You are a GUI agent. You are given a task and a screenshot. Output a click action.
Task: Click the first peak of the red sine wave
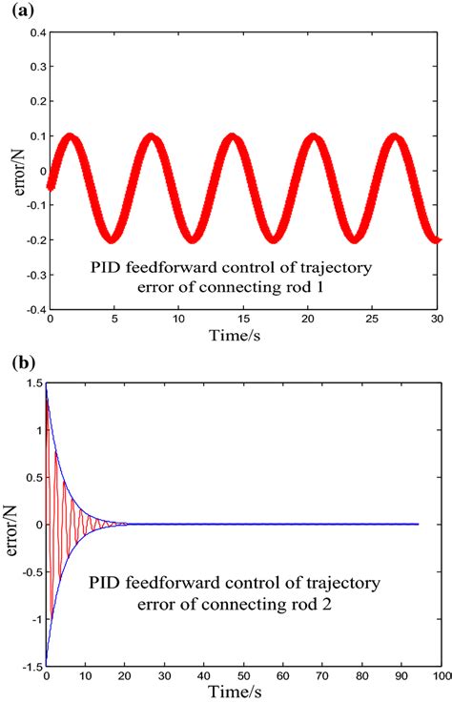pyautogui.click(x=69, y=137)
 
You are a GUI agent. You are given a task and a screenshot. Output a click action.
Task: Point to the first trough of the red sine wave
pyautogui.click(x=112, y=238)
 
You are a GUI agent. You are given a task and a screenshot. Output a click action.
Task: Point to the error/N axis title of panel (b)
pyautogui.click(x=11, y=524)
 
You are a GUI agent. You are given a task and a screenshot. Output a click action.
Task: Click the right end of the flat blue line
pyautogui.click(x=418, y=524)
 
